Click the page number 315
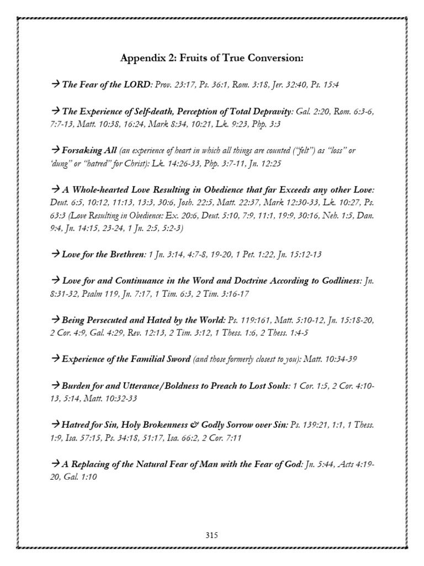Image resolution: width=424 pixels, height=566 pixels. (212, 535)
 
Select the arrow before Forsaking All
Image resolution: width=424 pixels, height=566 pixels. (55, 150)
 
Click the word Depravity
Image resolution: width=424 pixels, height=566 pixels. (273, 112)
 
